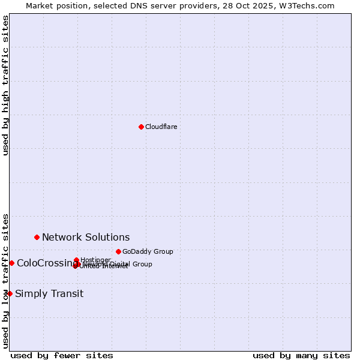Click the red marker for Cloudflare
click(141, 127)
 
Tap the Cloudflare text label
click(161, 127)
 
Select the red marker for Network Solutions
click(37, 237)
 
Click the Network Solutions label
click(86, 238)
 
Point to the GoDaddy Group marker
click(118, 251)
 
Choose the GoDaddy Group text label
click(148, 252)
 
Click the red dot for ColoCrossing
click(11, 263)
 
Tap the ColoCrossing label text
click(44, 263)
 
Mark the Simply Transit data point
click(10, 293)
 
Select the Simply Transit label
click(49, 294)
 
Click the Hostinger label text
click(95, 260)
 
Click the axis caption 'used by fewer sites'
click(62, 355)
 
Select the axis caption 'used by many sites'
click(301, 355)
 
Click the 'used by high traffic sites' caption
click(5, 85)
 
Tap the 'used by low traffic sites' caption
click(5, 280)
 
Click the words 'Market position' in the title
click(51, 5)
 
